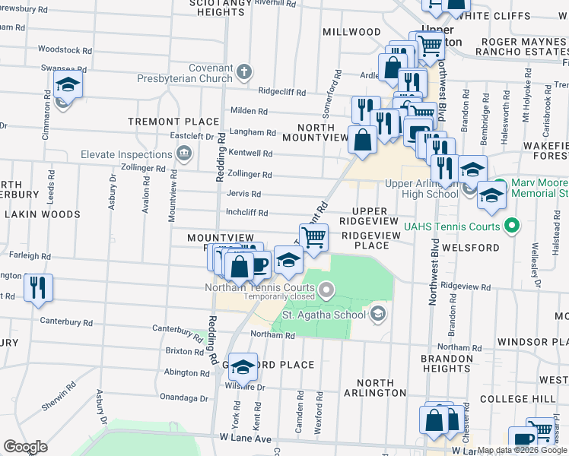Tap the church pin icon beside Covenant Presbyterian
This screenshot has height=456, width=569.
click(x=243, y=73)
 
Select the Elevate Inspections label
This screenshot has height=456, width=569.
click(x=127, y=155)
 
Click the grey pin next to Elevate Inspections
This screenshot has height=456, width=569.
click(x=183, y=155)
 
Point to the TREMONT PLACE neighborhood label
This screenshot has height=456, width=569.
click(x=173, y=122)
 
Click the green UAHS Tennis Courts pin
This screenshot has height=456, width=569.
click(x=512, y=226)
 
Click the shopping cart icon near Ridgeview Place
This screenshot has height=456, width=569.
click(x=313, y=236)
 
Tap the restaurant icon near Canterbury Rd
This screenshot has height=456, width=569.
click(x=38, y=287)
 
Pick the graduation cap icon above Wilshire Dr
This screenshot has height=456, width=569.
click(x=243, y=366)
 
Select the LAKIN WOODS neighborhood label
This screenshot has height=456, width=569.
click(x=43, y=215)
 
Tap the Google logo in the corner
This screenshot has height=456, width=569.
click(x=25, y=447)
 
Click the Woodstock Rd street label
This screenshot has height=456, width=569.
click(x=65, y=49)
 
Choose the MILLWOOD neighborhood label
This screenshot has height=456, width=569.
click(x=351, y=32)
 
